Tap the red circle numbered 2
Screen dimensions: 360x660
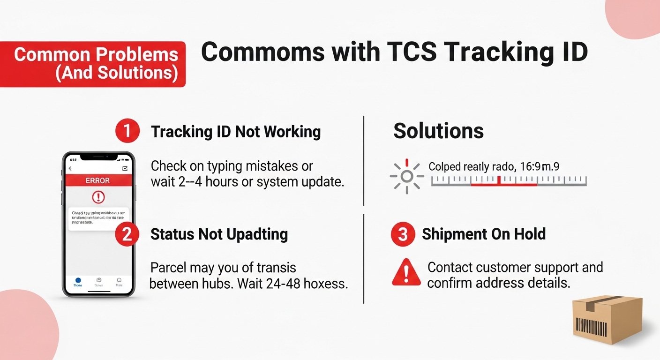127,234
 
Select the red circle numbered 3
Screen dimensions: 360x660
403,234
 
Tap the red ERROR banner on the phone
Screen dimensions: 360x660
97,180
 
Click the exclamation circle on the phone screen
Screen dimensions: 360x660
98,197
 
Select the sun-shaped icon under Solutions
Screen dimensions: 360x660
406,176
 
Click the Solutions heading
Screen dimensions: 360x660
438,131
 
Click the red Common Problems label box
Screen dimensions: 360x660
94,64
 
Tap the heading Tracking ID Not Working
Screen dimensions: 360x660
236,132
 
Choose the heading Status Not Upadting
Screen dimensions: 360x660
219,234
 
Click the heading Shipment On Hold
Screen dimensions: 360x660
484,234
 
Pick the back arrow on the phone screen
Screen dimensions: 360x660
70,168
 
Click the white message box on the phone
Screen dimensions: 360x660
98,218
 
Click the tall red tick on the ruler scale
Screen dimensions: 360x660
499,180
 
